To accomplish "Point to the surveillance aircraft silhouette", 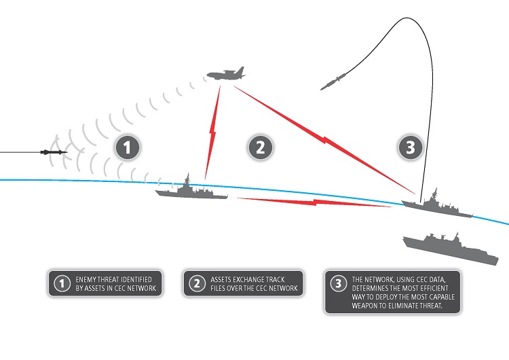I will [224, 74].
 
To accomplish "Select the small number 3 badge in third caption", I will [337, 284].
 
